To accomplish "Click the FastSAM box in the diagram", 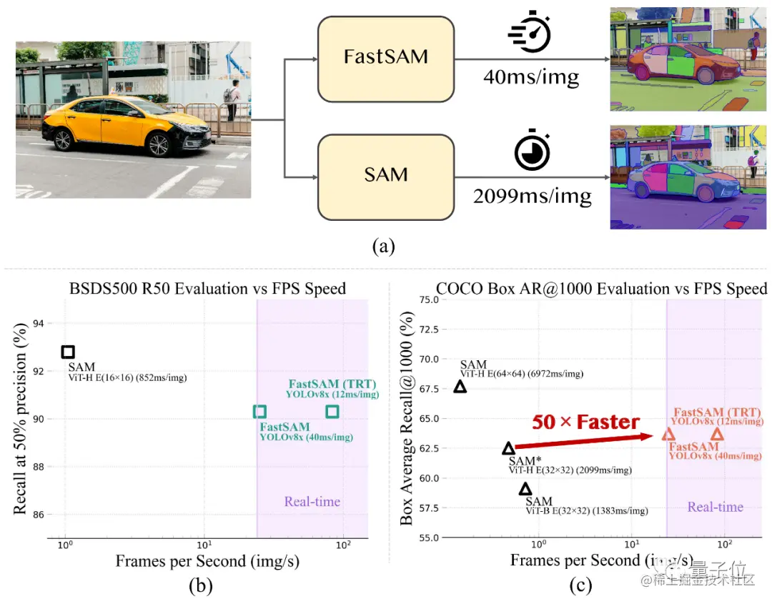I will [x=385, y=58].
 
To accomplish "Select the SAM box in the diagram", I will [x=385, y=175].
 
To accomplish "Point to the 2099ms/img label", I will [x=532, y=195].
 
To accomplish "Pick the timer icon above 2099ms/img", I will [x=532, y=150].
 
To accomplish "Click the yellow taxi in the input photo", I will [x=126, y=125].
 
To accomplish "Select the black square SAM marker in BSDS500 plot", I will [x=68, y=352].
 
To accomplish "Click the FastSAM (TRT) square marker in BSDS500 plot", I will [x=332, y=411].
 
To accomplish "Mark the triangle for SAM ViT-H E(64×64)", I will [x=460, y=387].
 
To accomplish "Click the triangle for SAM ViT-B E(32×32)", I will [x=525, y=489].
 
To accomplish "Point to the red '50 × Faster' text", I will [x=585, y=422].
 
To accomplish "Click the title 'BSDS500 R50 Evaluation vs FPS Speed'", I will [x=207, y=289].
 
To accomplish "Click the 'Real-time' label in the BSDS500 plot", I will [x=312, y=501].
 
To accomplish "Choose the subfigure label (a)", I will [x=384, y=247].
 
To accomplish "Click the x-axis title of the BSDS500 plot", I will [x=207, y=561].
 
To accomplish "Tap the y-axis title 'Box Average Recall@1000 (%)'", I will [x=407, y=418].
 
